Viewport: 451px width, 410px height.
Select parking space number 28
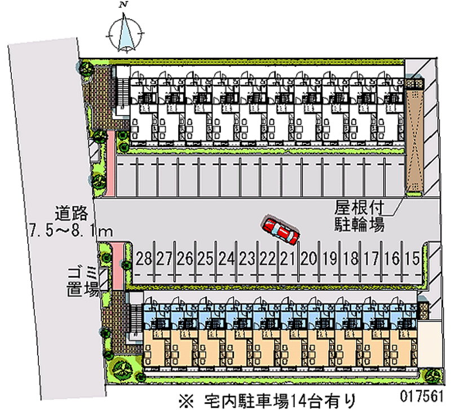[144, 259]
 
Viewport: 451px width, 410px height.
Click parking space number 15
[412, 259]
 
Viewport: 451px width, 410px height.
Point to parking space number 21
[288, 259]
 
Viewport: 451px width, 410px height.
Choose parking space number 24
[226, 259]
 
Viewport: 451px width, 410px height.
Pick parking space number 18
[350, 259]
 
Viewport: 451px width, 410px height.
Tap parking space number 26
[185, 259]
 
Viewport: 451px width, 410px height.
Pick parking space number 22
[268, 259]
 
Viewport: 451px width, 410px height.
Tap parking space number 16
[391, 259]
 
